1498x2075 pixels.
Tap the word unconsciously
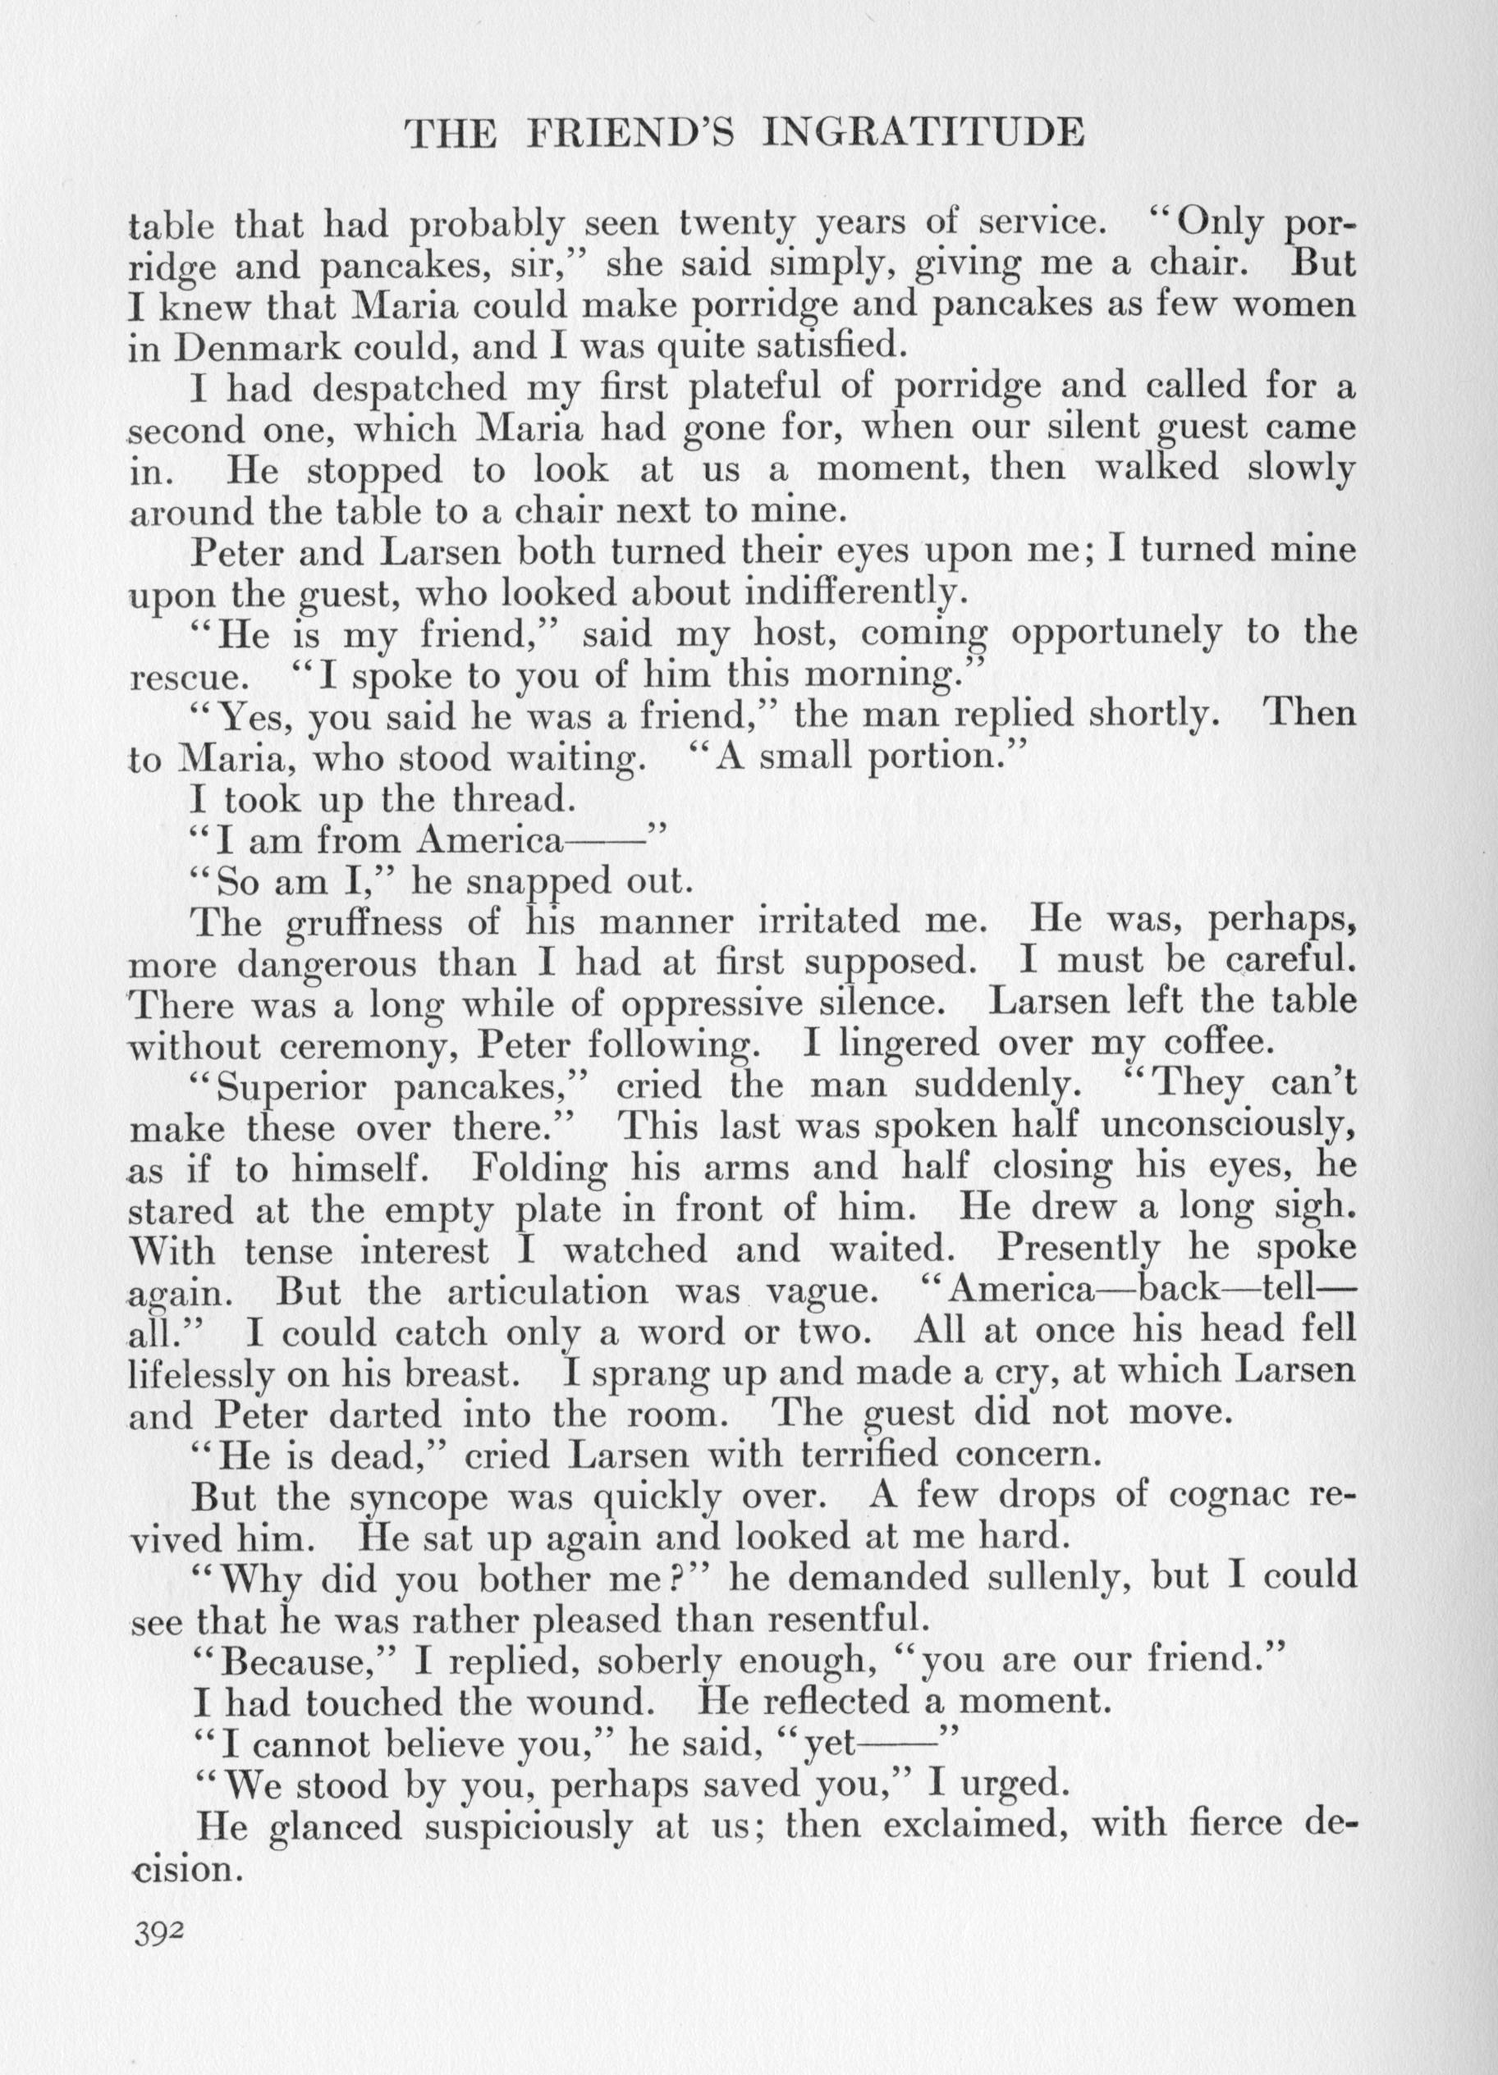tap(1227, 1127)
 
